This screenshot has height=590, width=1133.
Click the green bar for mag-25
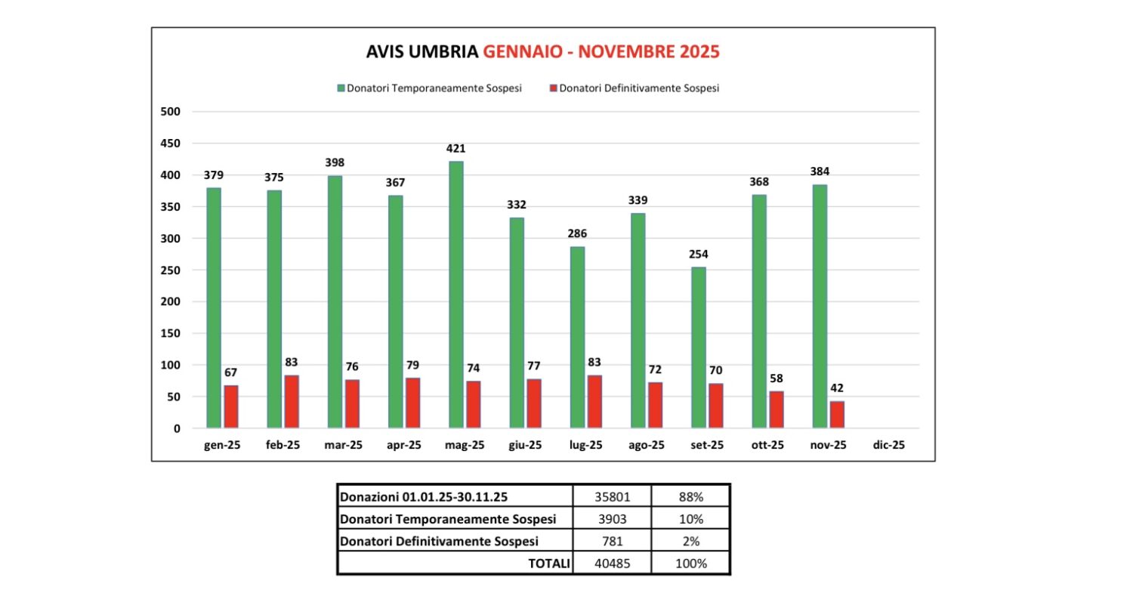pos(455,295)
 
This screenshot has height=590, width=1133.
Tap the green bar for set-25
pos(698,348)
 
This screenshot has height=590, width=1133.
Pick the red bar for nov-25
pos(837,414)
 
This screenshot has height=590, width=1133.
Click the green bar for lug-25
pos(577,337)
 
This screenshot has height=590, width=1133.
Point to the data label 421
pos(455,147)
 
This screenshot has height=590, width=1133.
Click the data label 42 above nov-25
pos(837,388)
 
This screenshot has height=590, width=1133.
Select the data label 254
pos(698,254)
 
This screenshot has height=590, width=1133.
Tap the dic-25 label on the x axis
pos(888,446)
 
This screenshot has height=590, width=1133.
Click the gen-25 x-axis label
pos(222,446)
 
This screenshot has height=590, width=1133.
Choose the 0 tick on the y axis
pos(176,428)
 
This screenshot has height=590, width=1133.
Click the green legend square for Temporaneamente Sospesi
pos(341,88)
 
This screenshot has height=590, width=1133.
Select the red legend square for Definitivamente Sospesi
pos(553,88)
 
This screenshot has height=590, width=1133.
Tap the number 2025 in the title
pos(698,52)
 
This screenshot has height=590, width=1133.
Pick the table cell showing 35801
pos(611,497)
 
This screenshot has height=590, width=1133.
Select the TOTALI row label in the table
pos(547,564)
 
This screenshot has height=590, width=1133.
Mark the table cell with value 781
pos(611,541)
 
